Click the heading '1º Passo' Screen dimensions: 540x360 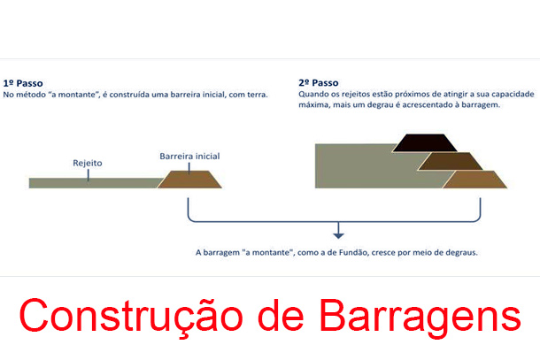23,83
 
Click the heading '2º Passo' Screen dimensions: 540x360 319,83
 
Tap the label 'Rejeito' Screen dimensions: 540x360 88,163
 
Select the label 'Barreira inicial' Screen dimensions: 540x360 189,157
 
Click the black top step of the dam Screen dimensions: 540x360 425,143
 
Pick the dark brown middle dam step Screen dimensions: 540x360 450,161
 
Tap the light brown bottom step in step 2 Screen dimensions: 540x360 474,180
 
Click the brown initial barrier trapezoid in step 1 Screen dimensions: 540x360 189,180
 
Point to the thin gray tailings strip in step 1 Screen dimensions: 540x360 93,183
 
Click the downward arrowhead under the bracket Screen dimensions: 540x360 338,236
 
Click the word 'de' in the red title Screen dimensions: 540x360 281,315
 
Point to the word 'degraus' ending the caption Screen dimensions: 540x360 461,253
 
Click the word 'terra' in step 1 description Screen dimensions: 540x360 258,95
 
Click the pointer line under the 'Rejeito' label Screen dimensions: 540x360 89,175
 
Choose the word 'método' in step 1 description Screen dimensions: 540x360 29,95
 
